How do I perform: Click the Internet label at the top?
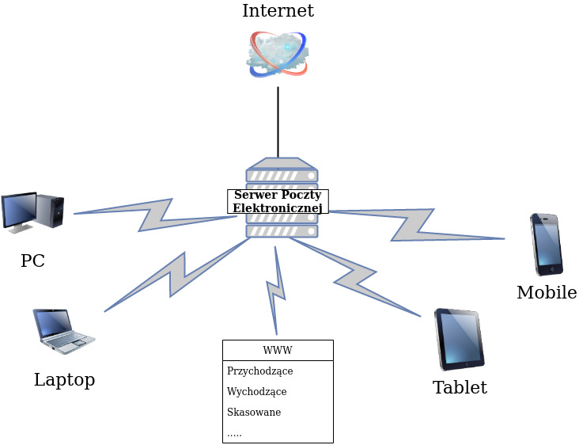point(278,11)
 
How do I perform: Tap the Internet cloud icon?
point(278,54)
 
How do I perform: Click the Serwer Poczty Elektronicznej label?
point(278,201)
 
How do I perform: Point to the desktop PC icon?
point(32,212)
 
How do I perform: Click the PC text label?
point(32,261)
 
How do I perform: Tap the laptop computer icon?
point(63,330)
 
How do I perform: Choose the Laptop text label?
point(64,380)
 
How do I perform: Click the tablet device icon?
point(459,339)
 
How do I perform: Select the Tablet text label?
point(460,388)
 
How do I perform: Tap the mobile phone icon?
point(546,244)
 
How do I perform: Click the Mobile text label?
point(547,293)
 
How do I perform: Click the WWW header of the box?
point(278,350)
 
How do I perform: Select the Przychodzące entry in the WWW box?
point(259,371)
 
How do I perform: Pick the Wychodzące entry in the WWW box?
point(256,391)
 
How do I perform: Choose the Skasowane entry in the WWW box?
point(254,412)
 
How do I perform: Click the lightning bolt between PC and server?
point(155,215)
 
